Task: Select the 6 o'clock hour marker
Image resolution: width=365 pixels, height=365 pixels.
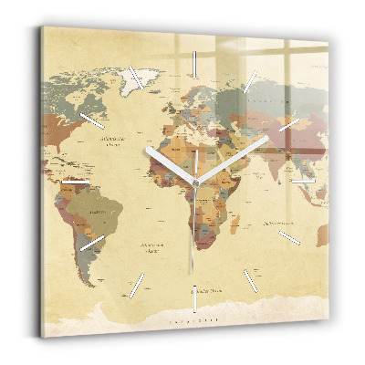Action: click(193, 297)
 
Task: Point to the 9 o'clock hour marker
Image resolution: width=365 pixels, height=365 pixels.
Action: click(76, 182)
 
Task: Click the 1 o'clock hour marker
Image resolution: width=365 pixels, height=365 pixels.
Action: click(250, 78)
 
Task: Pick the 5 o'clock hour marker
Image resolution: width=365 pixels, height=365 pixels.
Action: click(250, 279)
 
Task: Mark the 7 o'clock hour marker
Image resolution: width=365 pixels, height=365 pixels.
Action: click(139, 281)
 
